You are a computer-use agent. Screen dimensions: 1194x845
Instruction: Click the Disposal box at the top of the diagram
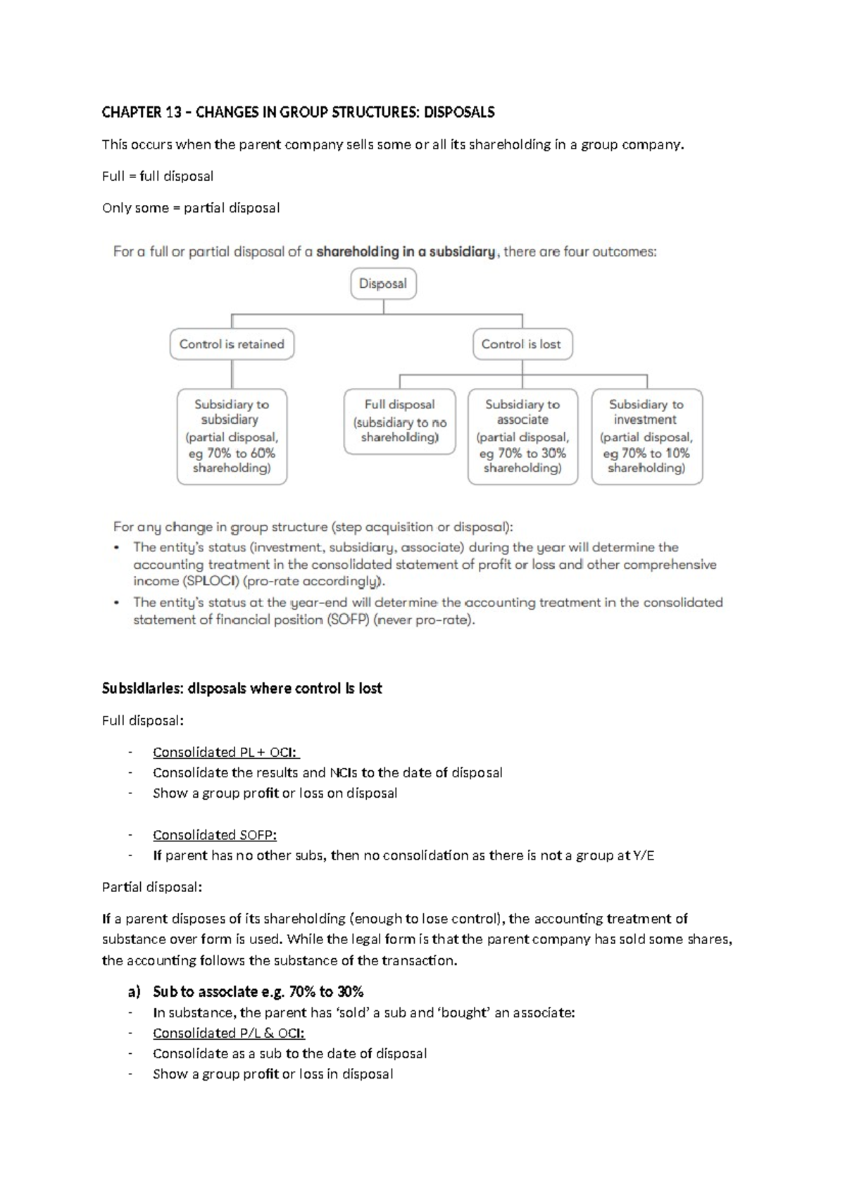point(383,284)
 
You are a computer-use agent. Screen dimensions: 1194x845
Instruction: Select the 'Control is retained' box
point(232,344)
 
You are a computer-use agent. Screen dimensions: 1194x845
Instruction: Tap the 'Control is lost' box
point(521,344)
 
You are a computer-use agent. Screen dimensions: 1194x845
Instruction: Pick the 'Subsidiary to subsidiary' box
point(232,436)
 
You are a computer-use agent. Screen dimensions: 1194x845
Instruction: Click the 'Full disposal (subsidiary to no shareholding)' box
point(399,421)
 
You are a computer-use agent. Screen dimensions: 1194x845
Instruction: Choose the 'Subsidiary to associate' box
point(522,436)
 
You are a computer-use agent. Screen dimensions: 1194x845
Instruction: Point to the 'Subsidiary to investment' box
point(646,436)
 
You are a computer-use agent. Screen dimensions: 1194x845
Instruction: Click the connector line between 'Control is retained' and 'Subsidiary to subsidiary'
point(232,374)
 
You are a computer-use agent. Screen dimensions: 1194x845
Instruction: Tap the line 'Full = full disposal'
point(158,176)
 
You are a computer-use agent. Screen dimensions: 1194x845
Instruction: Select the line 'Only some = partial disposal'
point(191,208)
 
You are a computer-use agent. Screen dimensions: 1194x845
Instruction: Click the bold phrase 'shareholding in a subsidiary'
point(406,252)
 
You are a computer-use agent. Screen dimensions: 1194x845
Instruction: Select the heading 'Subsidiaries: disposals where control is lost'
point(242,689)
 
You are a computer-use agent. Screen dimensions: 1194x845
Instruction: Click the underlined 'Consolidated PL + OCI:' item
point(226,752)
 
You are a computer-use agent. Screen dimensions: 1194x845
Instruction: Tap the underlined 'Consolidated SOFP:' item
point(215,835)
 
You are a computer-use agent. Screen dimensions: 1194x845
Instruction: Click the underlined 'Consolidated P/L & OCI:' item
point(229,1033)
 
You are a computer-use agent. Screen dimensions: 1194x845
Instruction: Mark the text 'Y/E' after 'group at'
point(644,856)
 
